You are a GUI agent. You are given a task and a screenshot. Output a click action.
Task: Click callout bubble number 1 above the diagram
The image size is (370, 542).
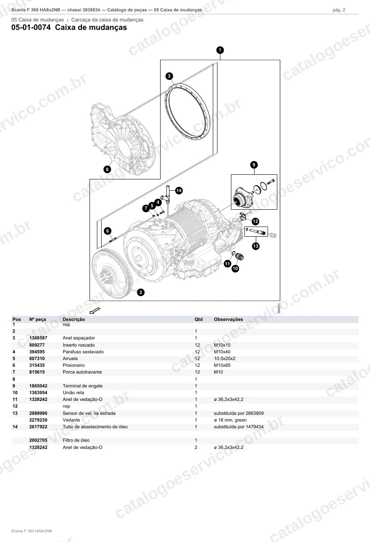pyautogui.click(x=220, y=50)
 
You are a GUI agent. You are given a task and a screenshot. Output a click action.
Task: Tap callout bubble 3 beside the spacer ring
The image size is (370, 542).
pyautogui.click(x=169, y=76)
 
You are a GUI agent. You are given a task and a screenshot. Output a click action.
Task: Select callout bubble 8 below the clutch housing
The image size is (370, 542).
pyautogui.click(x=107, y=169)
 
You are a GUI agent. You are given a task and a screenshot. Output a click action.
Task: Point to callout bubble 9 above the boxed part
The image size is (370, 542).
pyautogui.click(x=254, y=165)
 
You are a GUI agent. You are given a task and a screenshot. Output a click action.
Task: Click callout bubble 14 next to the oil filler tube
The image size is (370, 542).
pyautogui.click(x=179, y=190)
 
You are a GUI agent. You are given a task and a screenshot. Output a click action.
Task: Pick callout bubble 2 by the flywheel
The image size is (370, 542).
pyautogui.click(x=141, y=292)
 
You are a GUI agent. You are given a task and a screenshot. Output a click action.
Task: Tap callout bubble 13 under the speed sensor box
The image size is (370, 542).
pyautogui.click(x=256, y=246)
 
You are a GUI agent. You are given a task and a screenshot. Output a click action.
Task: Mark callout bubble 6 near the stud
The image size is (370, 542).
pyautogui.click(x=108, y=231)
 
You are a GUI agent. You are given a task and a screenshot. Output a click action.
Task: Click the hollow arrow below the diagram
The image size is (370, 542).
pyautogui.click(x=95, y=310)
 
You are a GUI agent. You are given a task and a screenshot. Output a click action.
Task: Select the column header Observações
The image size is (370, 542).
pyautogui.click(x=228, y=319)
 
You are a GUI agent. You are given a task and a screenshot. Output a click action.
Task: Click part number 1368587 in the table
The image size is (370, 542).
pyautogui.click(x=38, y=338)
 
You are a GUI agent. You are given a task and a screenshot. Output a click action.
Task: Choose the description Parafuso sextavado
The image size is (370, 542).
pyautogui.click(x=83, y=352)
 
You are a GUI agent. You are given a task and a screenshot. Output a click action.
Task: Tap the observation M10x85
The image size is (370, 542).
pyautogui.click(x=222, y=365)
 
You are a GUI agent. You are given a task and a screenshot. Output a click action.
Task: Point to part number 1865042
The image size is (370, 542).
pyautogui.click(x=38, y=386)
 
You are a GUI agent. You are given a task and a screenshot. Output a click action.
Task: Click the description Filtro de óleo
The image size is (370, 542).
pyautogui.click(x=76, y=440)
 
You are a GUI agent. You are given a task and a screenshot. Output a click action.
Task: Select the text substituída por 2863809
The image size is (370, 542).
pyautogui.click(x=239, y=413)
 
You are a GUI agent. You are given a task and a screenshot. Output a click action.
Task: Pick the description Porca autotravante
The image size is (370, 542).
pyautogui.click(x=82, y=372)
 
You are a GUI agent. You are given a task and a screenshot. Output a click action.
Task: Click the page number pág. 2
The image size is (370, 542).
pyautogui.click(x=339, y=10)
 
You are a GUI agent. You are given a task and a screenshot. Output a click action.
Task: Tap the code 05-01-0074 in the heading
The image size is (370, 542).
pyautogui.click(x=31, y=27)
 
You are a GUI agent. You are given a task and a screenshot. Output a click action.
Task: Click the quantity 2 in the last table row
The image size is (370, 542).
pyautogui.click(x=196, y=447)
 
